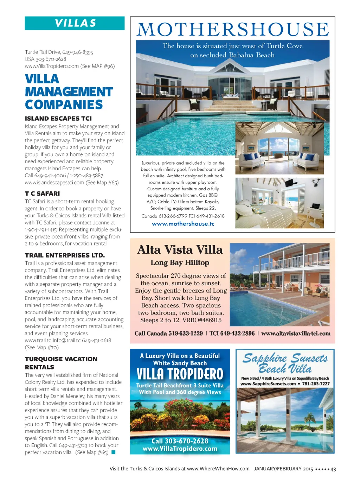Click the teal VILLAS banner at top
click(75, 23)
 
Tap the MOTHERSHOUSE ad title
click(233, 30)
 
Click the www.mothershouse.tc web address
click(183, 224)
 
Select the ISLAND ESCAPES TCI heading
click(58, 119)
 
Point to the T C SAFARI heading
click(42, 194)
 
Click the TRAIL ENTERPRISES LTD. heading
click(65, 255)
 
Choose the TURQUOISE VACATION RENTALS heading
click(61, 363)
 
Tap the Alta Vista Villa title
click(180, 250)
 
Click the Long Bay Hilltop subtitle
click(180, 262)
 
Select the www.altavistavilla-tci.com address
click(296, 334)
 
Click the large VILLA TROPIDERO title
click(180, 374)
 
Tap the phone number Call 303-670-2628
click(180, 441)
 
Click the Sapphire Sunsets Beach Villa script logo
click(285, 363)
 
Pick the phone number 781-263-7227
click(316, 384)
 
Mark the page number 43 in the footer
click(333, 469)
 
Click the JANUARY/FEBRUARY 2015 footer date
click(283, 469)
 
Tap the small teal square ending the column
click(114, 452)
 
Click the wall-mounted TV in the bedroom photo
click(289, 183)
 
